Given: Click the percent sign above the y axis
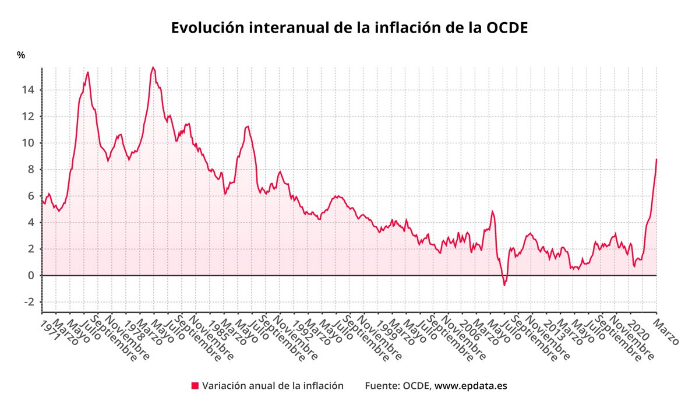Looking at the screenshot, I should tap(21, 55).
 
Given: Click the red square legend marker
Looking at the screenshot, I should tap(195, 385).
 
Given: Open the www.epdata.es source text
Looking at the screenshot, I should tap(471, 386).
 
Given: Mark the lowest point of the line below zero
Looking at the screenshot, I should tap(504, 285).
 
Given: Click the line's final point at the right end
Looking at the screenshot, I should tap(656, 159).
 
